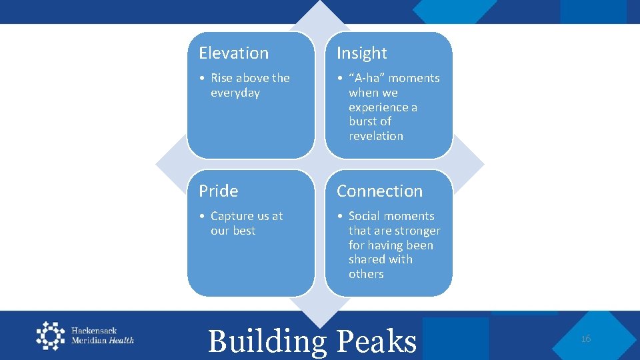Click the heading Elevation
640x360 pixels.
pos(233,53)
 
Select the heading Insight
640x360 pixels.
pos(361,53)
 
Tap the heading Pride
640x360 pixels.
pos(218,191)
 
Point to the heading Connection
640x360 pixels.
pos(379,191)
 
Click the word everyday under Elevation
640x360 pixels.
pos(235,93)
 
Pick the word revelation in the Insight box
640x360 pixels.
pos(376,136)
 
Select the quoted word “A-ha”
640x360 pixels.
pos(367,78)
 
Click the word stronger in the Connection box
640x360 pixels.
pos(413,231)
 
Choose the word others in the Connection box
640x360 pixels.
pos(366,274)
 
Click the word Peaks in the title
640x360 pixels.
pos(377,341)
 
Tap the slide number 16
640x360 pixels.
pos(586,339)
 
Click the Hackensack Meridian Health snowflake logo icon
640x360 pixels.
pos(51,335)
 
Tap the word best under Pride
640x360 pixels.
pos(243,231)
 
